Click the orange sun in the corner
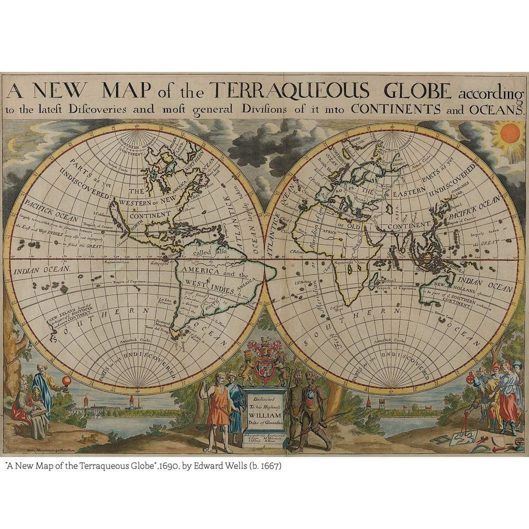(510, 133)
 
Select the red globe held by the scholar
(67, 382)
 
